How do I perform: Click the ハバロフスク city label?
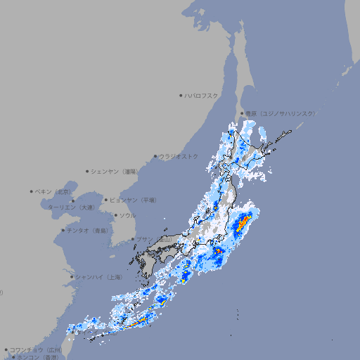201,95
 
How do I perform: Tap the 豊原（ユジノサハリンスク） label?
281,113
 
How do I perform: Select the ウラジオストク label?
179,156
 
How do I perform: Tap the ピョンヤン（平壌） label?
133,200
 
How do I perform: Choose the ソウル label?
127,215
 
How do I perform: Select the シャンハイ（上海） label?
98,277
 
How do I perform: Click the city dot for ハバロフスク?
181,95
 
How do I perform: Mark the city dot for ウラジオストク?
155,156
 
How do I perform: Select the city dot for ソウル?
115,215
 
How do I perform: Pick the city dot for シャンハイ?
72,277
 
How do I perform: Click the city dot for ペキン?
32,191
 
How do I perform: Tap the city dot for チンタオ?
63,231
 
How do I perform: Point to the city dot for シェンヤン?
88,171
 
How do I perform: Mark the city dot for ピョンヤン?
106,200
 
